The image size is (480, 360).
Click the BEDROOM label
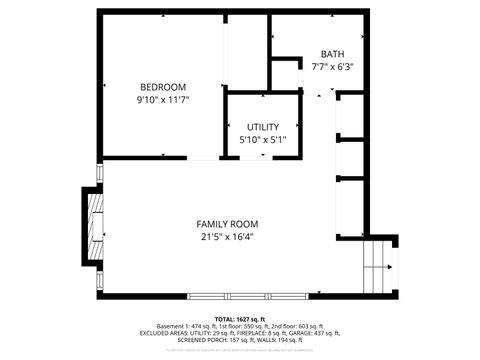click(x=164, y=86)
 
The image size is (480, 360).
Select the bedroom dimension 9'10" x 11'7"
click(x=164, y=100)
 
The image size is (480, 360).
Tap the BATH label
click(x=332, y=54)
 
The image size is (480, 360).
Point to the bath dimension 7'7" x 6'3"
click(x=332, y=67)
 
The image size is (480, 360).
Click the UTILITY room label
click(x=263, y=127)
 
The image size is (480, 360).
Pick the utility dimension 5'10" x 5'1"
click(x=263, y=140)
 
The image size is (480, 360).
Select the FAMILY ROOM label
click(x=227, y=224)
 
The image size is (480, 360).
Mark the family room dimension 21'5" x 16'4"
click(x=227, y=237)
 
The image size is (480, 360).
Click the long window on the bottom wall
click(x=246, y=296)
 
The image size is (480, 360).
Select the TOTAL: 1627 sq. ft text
click(x=240, y=318)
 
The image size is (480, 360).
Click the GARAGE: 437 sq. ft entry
click(x=319, y=333)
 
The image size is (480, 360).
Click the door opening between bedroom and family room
click(x=204, y=159)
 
